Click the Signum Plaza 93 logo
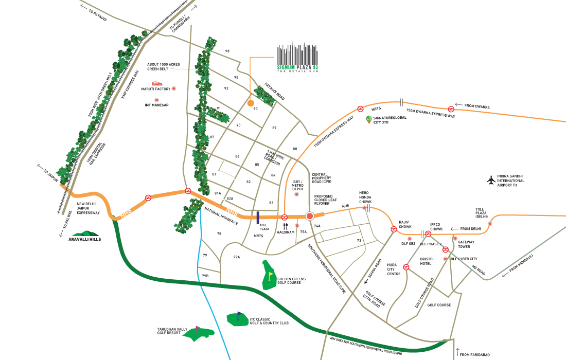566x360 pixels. pyautogui.click(x=297, y=60)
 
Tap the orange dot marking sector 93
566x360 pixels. pyautogui.click(x=251, y=103)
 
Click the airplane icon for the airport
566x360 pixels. pyautogui.click(x=491, y=181)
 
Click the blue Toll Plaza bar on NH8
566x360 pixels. pyautogui.click(x=257, y=218)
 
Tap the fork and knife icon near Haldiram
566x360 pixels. pyautogui.click(x=286, y=225)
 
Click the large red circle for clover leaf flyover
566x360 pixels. pyautogui.click(x=310, y=217)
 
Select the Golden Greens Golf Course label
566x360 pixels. pyautogui.click(x=292, y=281)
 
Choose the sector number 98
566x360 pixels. pyautogui.click(x=227, y=51)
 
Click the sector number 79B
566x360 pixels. pyautogui.click(x=205, y=276)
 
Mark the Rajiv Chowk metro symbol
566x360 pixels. pyautogui.click(x=394, y=229)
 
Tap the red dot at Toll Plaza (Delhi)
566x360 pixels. pyautogui.click(x=490, y=223)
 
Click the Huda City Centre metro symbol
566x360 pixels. pyautogui.click(x=406, y=267)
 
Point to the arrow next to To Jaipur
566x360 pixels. pyautogui.click(x=40, y=167)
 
